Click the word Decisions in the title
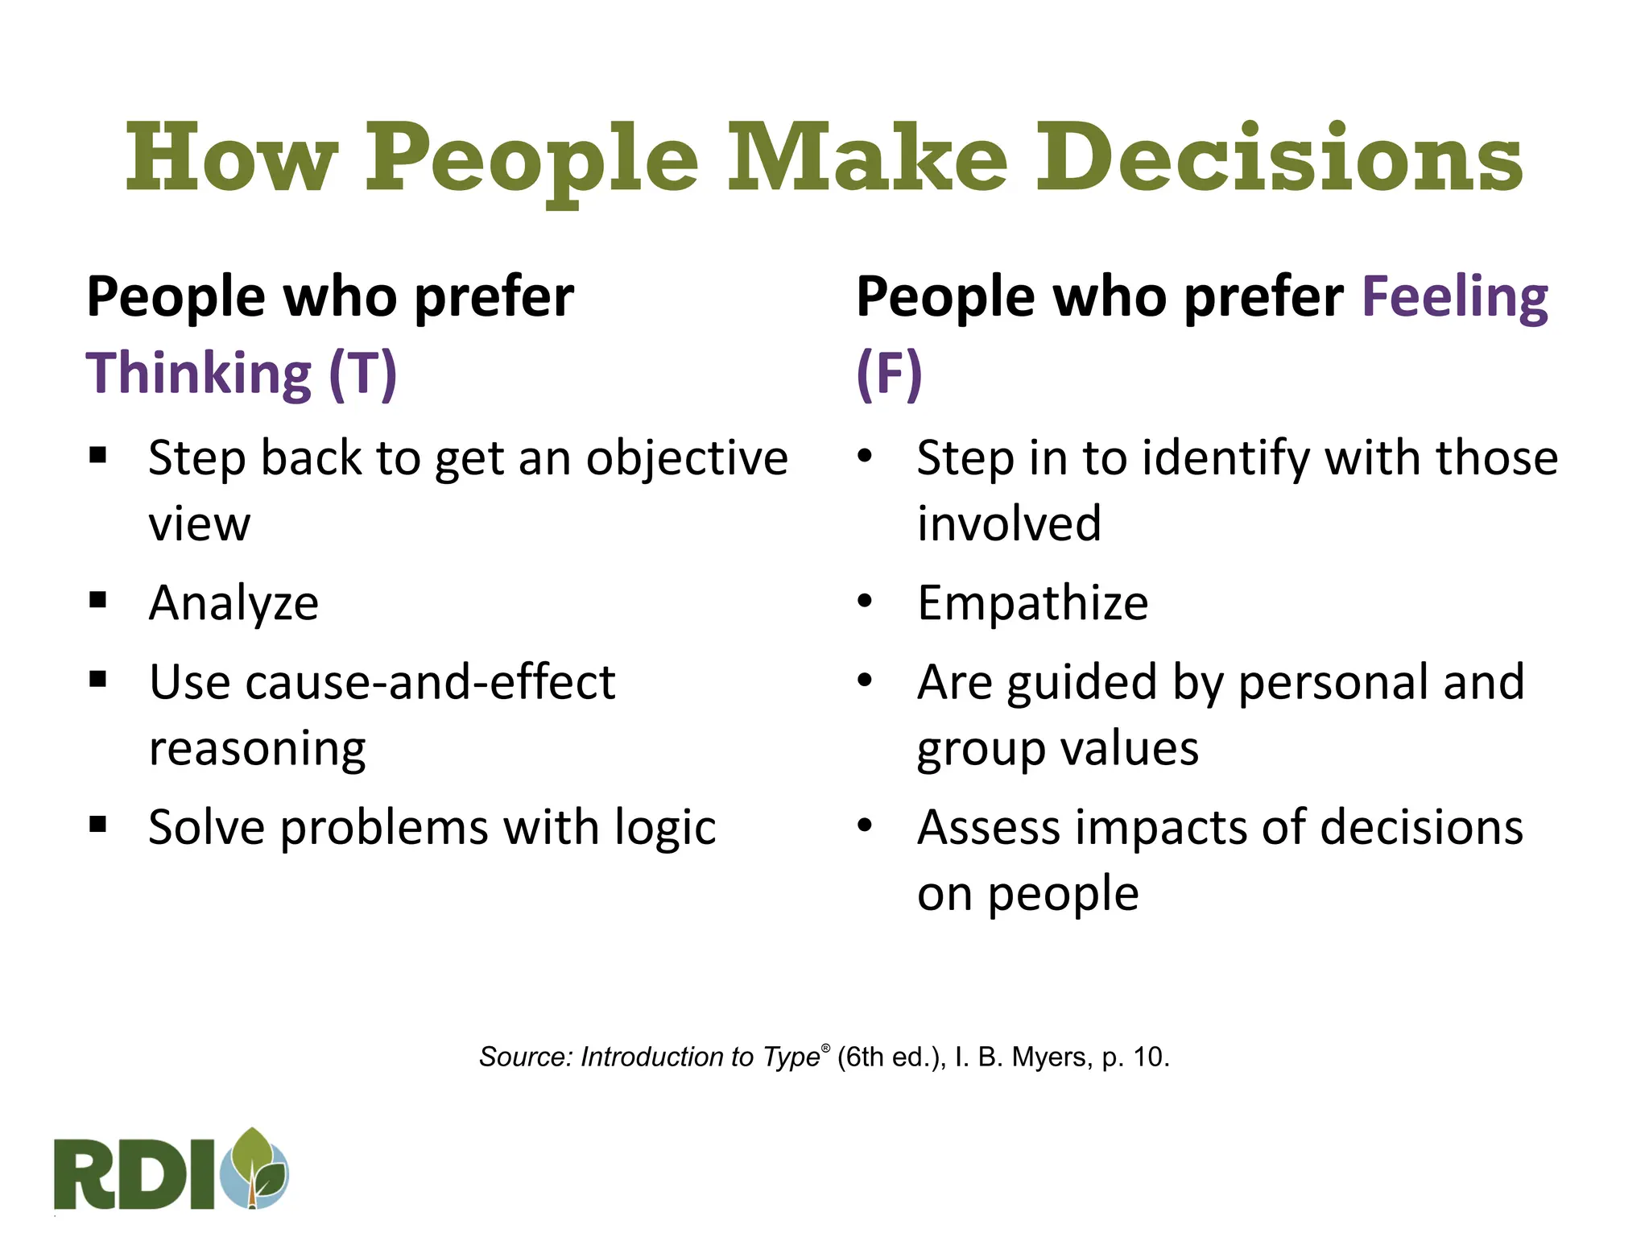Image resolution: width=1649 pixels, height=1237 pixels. pos(1279,159)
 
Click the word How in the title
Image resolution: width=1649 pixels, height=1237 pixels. pos(230,159)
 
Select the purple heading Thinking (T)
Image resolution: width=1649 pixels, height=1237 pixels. pos(242,374)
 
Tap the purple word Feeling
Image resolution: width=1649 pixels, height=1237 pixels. pos(1454,298)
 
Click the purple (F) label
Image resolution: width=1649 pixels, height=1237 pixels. pos(889,374)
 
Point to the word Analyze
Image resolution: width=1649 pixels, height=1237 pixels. pos(234,603)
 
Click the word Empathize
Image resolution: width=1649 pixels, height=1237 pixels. pos(1032,603)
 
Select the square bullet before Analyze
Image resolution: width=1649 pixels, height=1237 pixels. pos(98,600)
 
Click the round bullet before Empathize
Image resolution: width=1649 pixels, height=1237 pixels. pos(865,601)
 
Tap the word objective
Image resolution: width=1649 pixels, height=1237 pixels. pos(686,459)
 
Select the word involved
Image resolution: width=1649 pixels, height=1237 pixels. pos(1008,523)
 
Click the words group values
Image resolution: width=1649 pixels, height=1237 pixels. pos(1057,749)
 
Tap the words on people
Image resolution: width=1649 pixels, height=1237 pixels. pos(1027,893)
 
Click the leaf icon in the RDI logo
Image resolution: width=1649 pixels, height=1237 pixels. pos(259,1166)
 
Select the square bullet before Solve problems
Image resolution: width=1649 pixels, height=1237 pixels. pos(98,825)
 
